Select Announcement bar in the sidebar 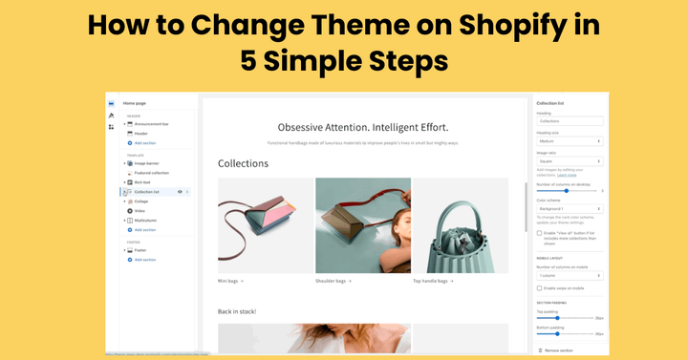(154, 124)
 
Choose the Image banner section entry (147, 163)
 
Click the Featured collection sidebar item (152, 173)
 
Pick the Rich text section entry (143, 182)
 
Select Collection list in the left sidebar (148, 192)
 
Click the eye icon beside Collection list (180, 192)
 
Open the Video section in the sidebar (140, 211)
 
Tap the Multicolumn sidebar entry (146, 221)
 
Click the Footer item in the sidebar (141, 250)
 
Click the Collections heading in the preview (243, 163)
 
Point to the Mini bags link (230, 281)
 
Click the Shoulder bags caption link (333, 281)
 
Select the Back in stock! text (237, 311)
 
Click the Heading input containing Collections (570, 121)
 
